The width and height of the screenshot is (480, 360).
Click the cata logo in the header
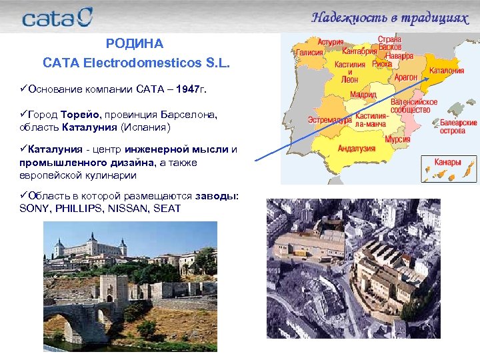pos(57,17)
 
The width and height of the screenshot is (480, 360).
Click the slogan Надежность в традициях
pos(389,17)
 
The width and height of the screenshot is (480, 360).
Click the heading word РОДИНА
pos(134,44)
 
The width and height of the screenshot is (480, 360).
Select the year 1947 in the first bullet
pos(188,89)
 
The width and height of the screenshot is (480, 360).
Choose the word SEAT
pos(167,209)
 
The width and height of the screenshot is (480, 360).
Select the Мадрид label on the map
pos(363,95)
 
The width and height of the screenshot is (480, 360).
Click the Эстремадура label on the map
pos(329,121)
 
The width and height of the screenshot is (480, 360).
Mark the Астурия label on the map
pos(331,41)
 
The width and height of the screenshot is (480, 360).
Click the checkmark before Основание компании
pos(23,89)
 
